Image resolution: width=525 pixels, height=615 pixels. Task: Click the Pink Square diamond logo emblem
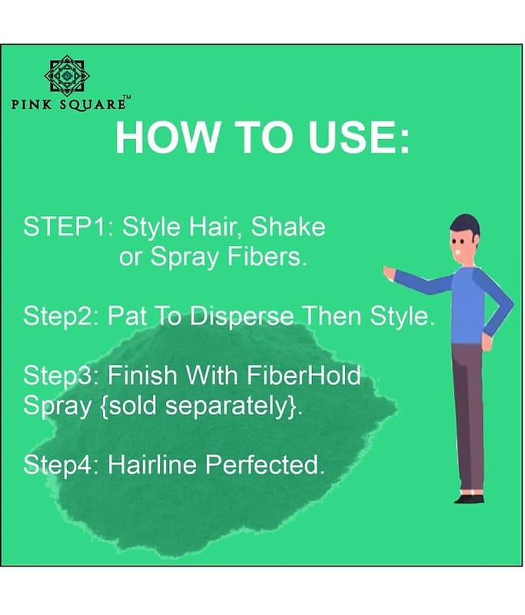pos(67,75)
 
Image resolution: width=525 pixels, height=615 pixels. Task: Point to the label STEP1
pos(65,226)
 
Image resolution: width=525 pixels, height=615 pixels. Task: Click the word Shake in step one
pos(288,226)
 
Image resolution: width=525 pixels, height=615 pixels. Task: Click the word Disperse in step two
pos(242,315)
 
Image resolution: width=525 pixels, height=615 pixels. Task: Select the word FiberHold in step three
pos(304,375)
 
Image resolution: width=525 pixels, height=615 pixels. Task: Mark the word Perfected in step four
pos(264,464)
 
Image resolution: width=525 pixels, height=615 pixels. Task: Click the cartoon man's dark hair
pos(467,225)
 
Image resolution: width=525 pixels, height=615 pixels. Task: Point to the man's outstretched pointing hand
pos(389,273)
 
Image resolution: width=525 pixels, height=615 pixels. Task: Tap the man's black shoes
pos(470,498)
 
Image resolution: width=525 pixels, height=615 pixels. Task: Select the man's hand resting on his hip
pos(487,341)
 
